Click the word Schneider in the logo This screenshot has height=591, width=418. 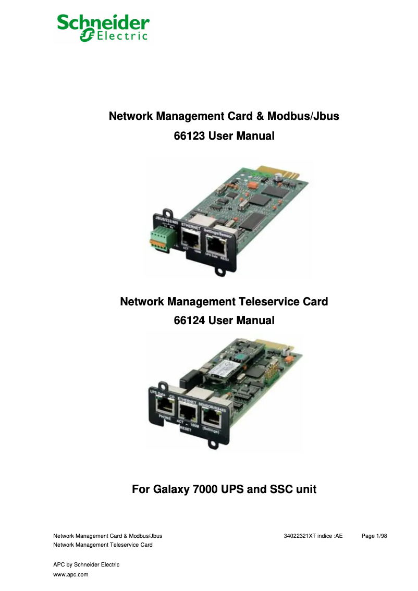click(x=103, y=22)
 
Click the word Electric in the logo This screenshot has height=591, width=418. click(x=122, y=36)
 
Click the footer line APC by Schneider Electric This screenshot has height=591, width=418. click(x=87, y=564)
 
